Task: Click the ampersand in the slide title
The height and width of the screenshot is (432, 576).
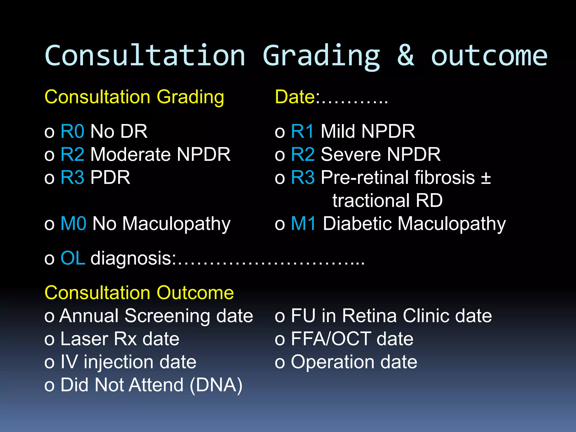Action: tap(406, 56)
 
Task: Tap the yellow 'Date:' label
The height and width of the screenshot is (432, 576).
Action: tap(297, 97)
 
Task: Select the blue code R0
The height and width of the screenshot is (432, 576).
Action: tap(72, 131)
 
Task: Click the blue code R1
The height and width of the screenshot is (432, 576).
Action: tap(302, 131)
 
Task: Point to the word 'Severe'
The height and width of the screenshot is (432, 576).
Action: tap(350, 154)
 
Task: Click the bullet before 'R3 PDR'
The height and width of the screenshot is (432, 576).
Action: tap(49, 178)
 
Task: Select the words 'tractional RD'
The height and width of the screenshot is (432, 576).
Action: tap(387, 201)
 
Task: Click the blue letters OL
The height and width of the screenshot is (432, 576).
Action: tap(73, 258)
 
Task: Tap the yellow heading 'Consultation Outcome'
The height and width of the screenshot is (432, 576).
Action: tap(139, 293)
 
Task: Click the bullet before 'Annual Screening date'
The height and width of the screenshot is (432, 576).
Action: tap(49, 317)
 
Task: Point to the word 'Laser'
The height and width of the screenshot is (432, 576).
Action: tap(84, 339)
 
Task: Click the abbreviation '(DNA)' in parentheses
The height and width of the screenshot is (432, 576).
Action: tap(216, 385)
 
